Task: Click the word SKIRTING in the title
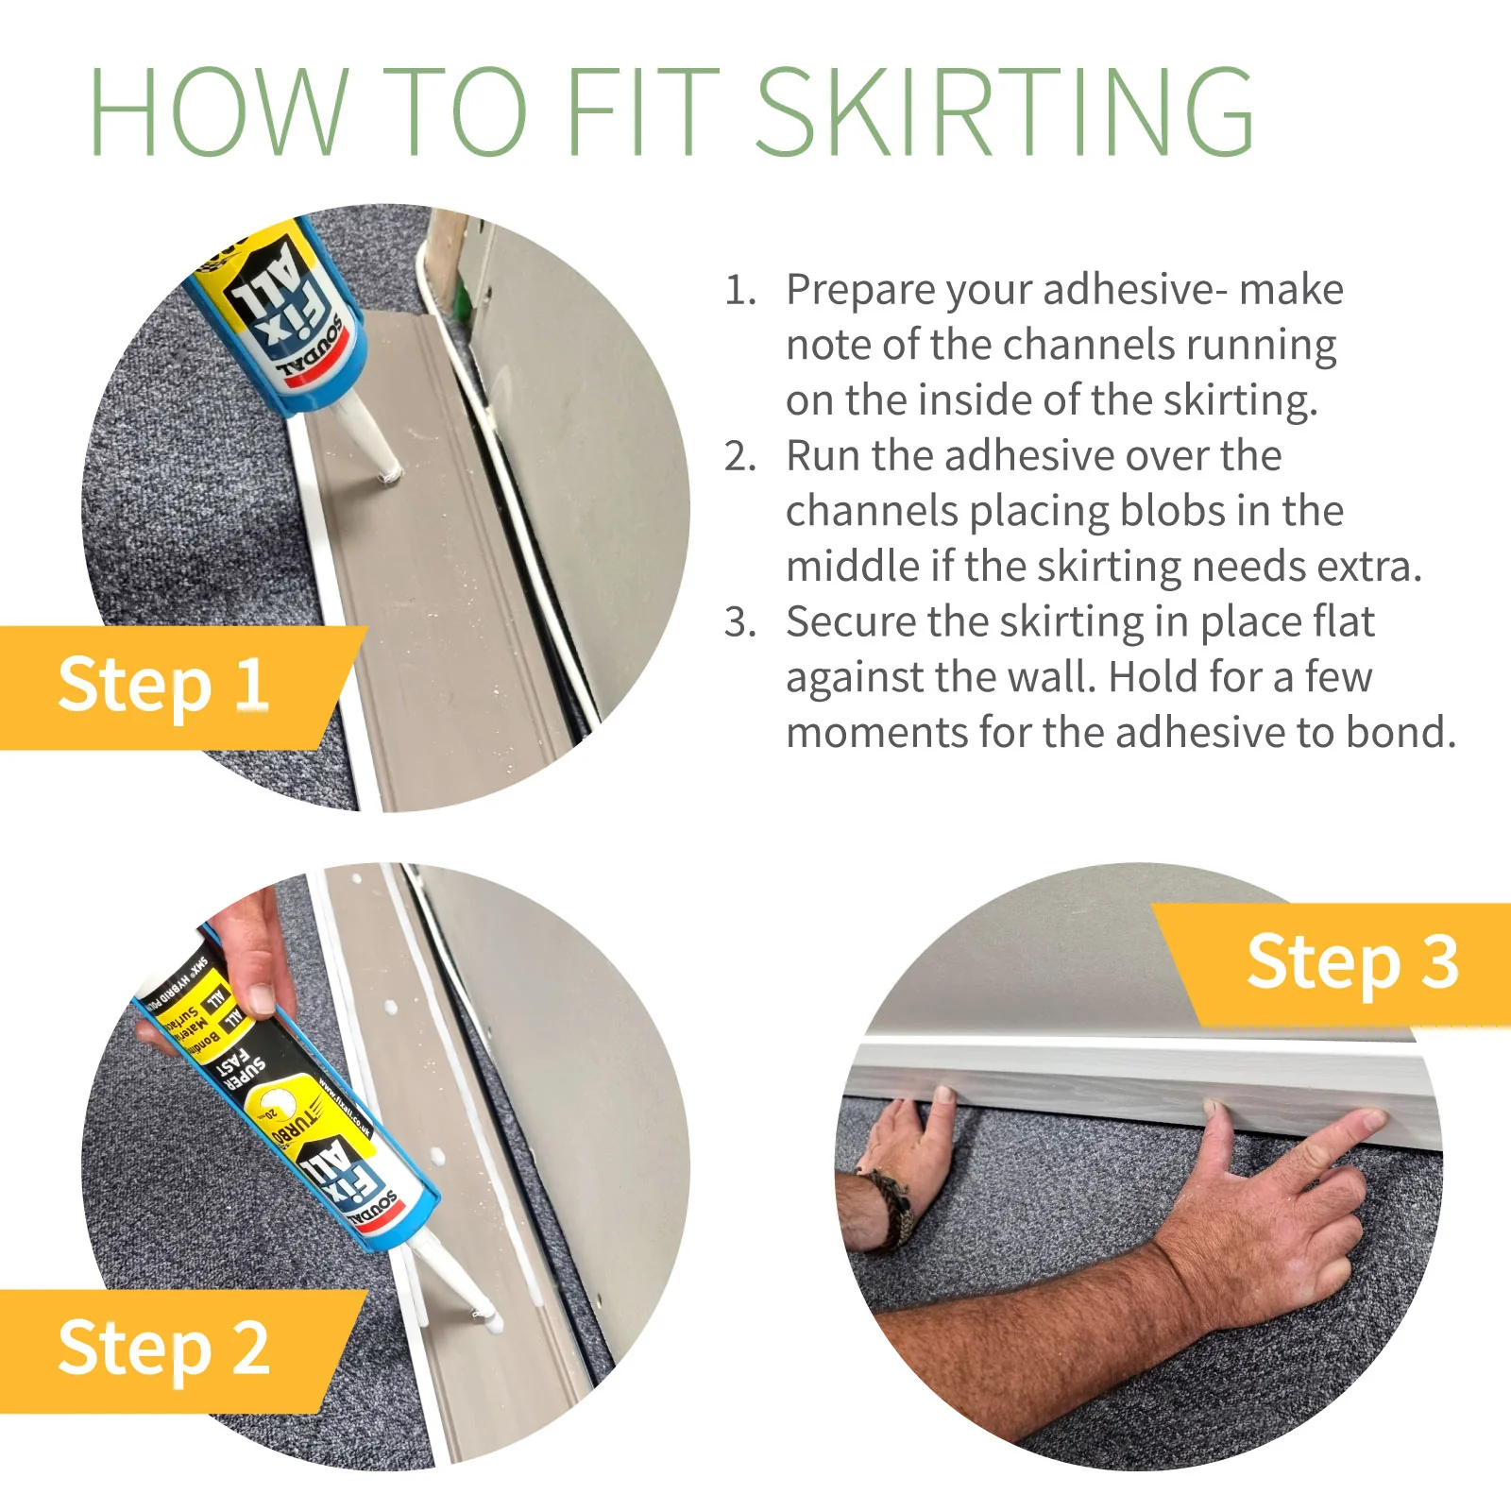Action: (x=1005, y=111)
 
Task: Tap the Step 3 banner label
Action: (x=1352, y=963)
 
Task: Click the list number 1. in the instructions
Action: (x=740, y=291)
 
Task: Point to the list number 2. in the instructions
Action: (x=740, y=457)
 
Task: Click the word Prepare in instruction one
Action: (x=859, y=291)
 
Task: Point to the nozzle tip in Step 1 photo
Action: (x=388, y=472)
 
